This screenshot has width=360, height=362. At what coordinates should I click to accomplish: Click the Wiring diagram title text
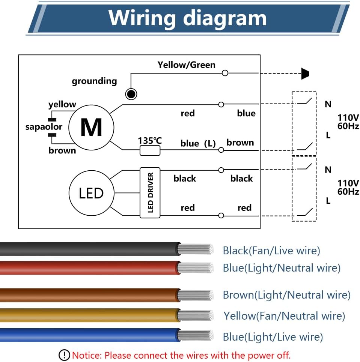187,18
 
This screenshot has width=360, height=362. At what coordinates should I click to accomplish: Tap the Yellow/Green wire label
186,65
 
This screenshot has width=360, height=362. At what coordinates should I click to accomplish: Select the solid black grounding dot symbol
131,94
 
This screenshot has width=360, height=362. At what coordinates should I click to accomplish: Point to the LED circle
91,193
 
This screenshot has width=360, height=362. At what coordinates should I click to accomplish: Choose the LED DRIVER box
150,192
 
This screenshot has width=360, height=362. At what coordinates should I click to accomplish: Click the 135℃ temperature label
150,141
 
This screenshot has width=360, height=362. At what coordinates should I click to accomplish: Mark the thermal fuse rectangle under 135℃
150,150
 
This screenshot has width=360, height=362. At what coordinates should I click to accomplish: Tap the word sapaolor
44,127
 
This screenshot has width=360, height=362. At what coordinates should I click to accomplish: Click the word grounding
94,81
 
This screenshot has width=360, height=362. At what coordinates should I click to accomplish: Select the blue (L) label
198,143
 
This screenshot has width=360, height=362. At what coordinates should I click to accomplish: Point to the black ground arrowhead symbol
305,74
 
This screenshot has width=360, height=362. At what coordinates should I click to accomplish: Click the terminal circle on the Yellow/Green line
225,73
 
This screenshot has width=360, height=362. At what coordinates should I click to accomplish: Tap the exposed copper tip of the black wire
196,249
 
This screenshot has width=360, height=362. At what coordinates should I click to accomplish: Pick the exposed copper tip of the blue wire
196,335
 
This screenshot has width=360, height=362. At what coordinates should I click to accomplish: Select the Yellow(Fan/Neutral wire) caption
284,316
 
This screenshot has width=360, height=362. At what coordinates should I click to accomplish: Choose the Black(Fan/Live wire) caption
271,251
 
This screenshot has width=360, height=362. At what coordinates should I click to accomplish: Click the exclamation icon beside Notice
64,354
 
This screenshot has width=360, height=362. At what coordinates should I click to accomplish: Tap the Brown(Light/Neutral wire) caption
286,295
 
